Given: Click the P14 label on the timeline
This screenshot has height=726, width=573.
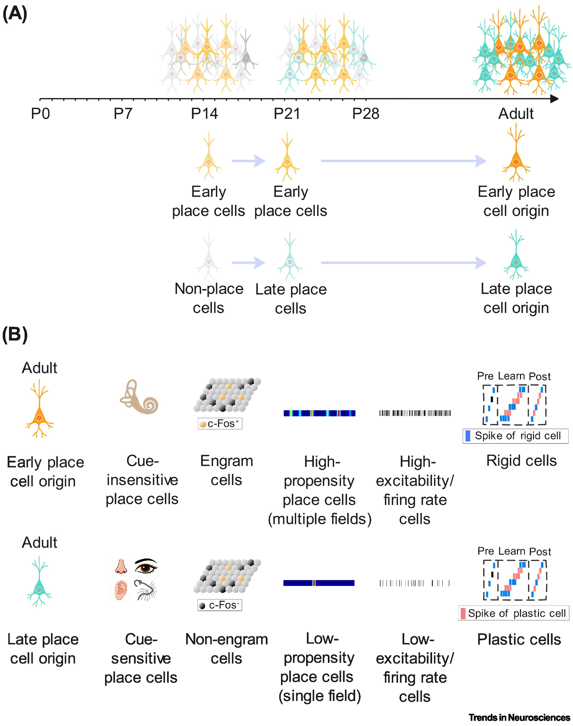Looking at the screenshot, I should [204, 114].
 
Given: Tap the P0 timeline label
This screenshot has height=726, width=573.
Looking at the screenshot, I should [40, 114].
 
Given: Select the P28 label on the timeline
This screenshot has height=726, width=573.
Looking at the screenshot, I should [366, 114].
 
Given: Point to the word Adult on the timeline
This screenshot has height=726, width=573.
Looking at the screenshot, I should [516, 114].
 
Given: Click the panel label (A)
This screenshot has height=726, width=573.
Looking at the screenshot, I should [15, 14].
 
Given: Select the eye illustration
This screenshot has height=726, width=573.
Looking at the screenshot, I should [146, 566].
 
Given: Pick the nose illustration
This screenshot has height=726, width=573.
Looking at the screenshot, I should [121, 567].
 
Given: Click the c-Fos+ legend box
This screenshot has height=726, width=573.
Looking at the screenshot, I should [220, 424].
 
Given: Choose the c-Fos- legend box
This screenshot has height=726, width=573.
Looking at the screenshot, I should [220, 605].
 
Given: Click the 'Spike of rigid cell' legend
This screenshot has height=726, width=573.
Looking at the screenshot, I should [515, 436].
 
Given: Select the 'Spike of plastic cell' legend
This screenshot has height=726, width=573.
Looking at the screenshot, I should [513, 613].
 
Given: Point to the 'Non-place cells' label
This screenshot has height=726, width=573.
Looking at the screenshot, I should [209, 298].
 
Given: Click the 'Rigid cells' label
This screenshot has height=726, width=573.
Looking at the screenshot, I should [521, 461].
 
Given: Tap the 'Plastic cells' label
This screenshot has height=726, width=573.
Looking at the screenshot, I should [519, 639].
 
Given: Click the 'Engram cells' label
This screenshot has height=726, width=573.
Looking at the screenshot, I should [227, 470].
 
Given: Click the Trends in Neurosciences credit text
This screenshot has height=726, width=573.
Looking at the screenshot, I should [519, 718].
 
